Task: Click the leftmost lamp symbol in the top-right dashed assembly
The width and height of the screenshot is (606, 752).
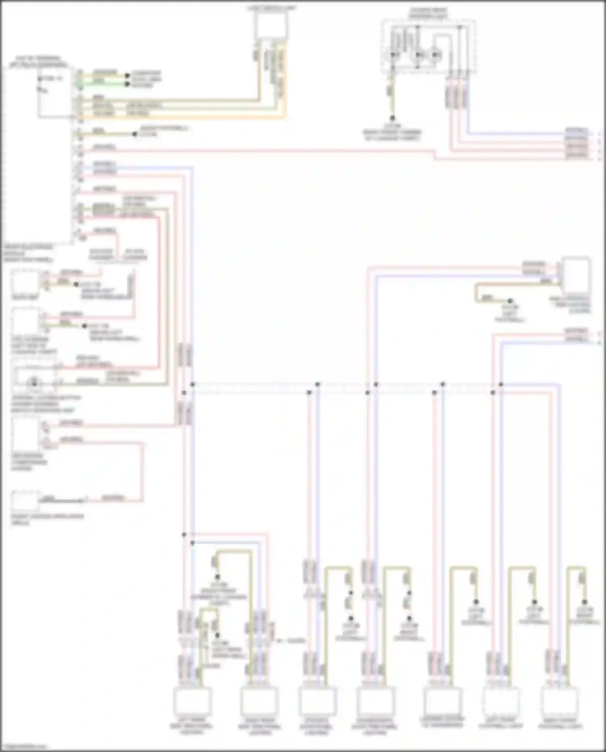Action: pos(393,55)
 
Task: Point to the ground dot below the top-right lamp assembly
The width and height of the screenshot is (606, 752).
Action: pos(392,119)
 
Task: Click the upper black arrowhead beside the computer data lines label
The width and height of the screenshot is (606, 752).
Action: pos(127,76)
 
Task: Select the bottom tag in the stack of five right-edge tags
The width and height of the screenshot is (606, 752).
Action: pos(577,156)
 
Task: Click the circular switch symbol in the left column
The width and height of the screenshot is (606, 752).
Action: pos(34,382)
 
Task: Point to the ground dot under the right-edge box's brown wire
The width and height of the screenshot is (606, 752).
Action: pos(510,301)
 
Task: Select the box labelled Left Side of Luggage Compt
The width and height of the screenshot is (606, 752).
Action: pos(25,322)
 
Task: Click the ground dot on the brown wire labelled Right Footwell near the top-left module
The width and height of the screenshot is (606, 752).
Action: pos(135,134)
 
